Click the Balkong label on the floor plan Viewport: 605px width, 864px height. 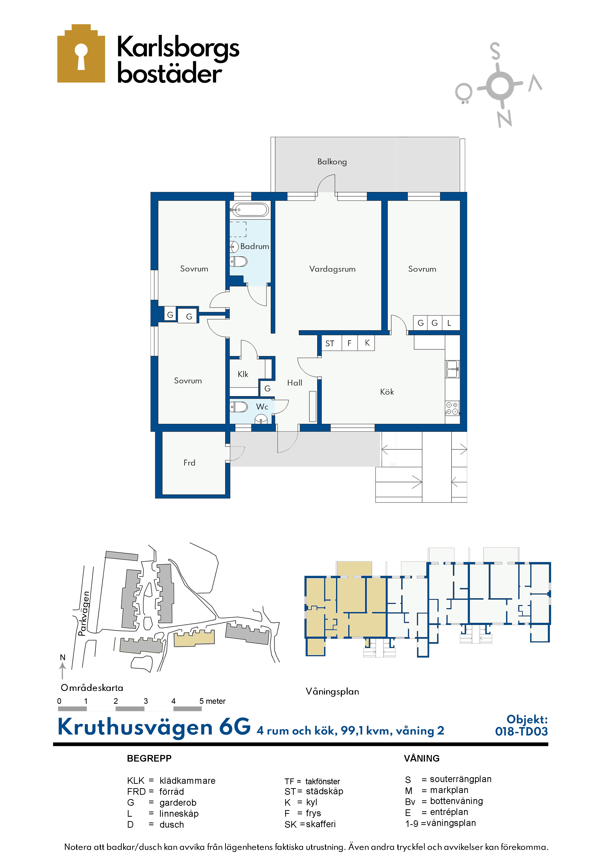pos(332,162)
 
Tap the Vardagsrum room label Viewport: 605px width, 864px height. pos(332,269)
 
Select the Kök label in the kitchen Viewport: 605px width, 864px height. pos(387,392)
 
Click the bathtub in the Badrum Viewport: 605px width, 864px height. pos(250,210)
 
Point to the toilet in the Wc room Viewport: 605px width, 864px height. pos(238,407)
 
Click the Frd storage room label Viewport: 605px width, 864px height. pos(189,463)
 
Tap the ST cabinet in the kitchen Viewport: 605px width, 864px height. pos(330,343)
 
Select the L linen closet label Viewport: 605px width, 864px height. pos(449,323)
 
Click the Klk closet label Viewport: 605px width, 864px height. pos(243,374)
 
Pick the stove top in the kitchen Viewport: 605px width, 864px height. pos(452,408)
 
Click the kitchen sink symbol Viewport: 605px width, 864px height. pos(452,369)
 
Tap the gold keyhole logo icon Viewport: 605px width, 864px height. pos(81,53)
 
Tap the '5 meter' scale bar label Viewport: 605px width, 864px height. pos(212,701)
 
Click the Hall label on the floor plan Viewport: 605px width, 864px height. pos(295,383)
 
